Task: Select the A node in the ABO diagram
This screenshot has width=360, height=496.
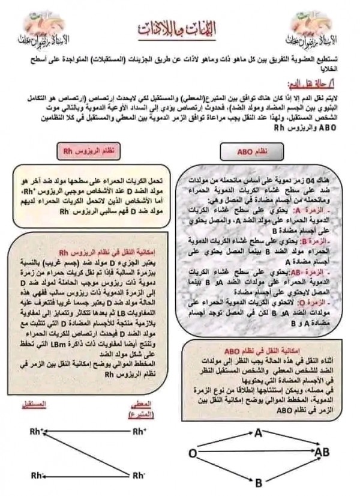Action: [259, 432]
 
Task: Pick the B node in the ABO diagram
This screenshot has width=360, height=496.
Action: [259, 482]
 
